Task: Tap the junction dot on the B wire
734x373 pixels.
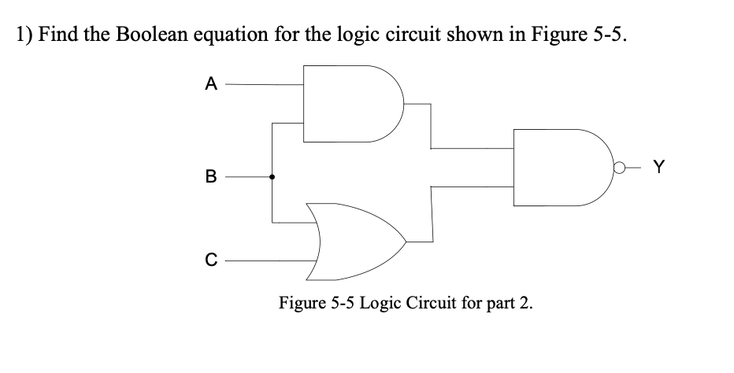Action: [x=272, y=178]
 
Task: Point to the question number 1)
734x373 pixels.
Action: [x=24, y=37]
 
